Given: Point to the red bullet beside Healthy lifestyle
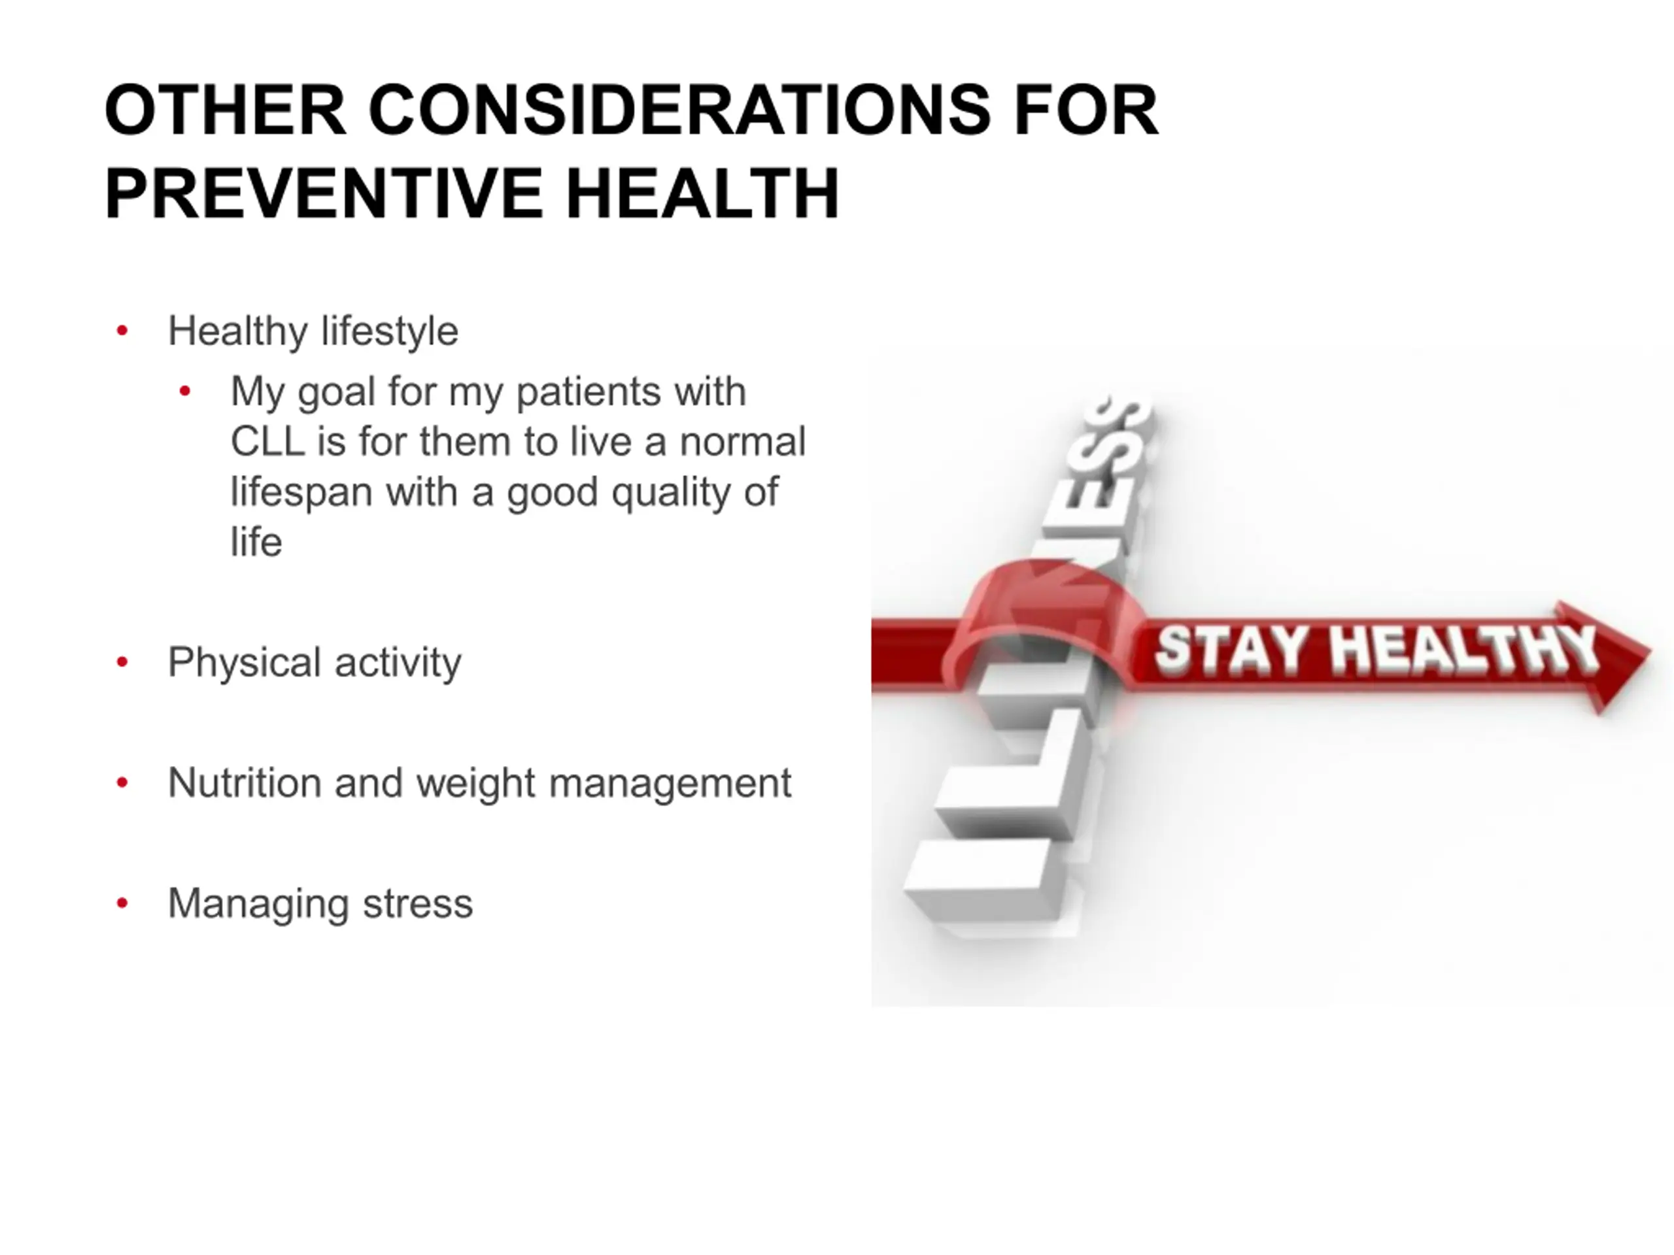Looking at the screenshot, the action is pyautogui.click(x=122, y=331).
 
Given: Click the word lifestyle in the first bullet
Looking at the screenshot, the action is pyautogui.click(x=390, y=331).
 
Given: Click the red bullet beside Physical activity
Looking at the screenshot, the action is pyautogui.click(x=122, y=663).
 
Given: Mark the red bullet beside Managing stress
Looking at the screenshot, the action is pyautogui.click(x=122, y=903).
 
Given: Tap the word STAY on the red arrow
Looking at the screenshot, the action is pyautogui.click(x=1231, y=649).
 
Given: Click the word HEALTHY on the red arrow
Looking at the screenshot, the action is pyautogui.click(x=1464, y=649).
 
